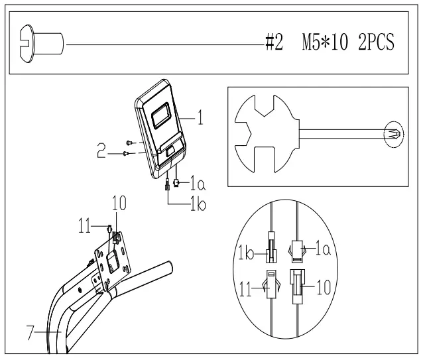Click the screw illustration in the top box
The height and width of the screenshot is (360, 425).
point(41,44)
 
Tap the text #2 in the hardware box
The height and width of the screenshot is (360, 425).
point(274,42)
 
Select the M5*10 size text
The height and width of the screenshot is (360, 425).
point(325,42)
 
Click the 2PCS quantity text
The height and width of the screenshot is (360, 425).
point(376,42)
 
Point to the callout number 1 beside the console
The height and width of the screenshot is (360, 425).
point(200,117)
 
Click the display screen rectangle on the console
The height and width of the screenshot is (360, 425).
point(161,116)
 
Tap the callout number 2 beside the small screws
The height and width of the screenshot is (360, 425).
point(101,150)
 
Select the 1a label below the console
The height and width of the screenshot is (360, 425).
point(198,183)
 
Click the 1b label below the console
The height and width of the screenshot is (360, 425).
point(198,204)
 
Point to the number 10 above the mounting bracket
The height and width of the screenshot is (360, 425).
point(119,203)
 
